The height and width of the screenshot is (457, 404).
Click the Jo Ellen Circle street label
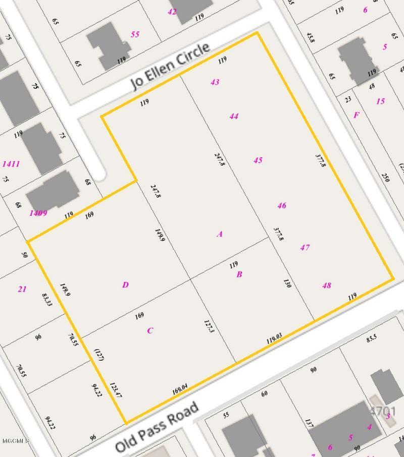pos(170,67)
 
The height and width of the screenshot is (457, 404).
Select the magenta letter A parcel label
pos(220,234)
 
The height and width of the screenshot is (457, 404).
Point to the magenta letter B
pos(239,274)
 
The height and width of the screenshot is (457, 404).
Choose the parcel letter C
pos(150,331)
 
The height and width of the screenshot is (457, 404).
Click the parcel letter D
pos(125,285)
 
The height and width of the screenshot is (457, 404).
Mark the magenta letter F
pos(357,115)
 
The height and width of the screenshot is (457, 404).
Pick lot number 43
pos(215,82)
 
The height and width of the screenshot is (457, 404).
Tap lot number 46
pos(282,205)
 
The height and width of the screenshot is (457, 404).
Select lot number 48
pos(327,285)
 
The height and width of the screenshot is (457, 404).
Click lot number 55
pos(135,34)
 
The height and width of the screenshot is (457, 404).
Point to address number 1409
pos(38,213)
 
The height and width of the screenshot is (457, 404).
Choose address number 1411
pos(11,164)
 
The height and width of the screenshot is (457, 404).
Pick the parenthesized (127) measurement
pos(99,355)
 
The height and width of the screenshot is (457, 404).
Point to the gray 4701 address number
pos(382,412)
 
